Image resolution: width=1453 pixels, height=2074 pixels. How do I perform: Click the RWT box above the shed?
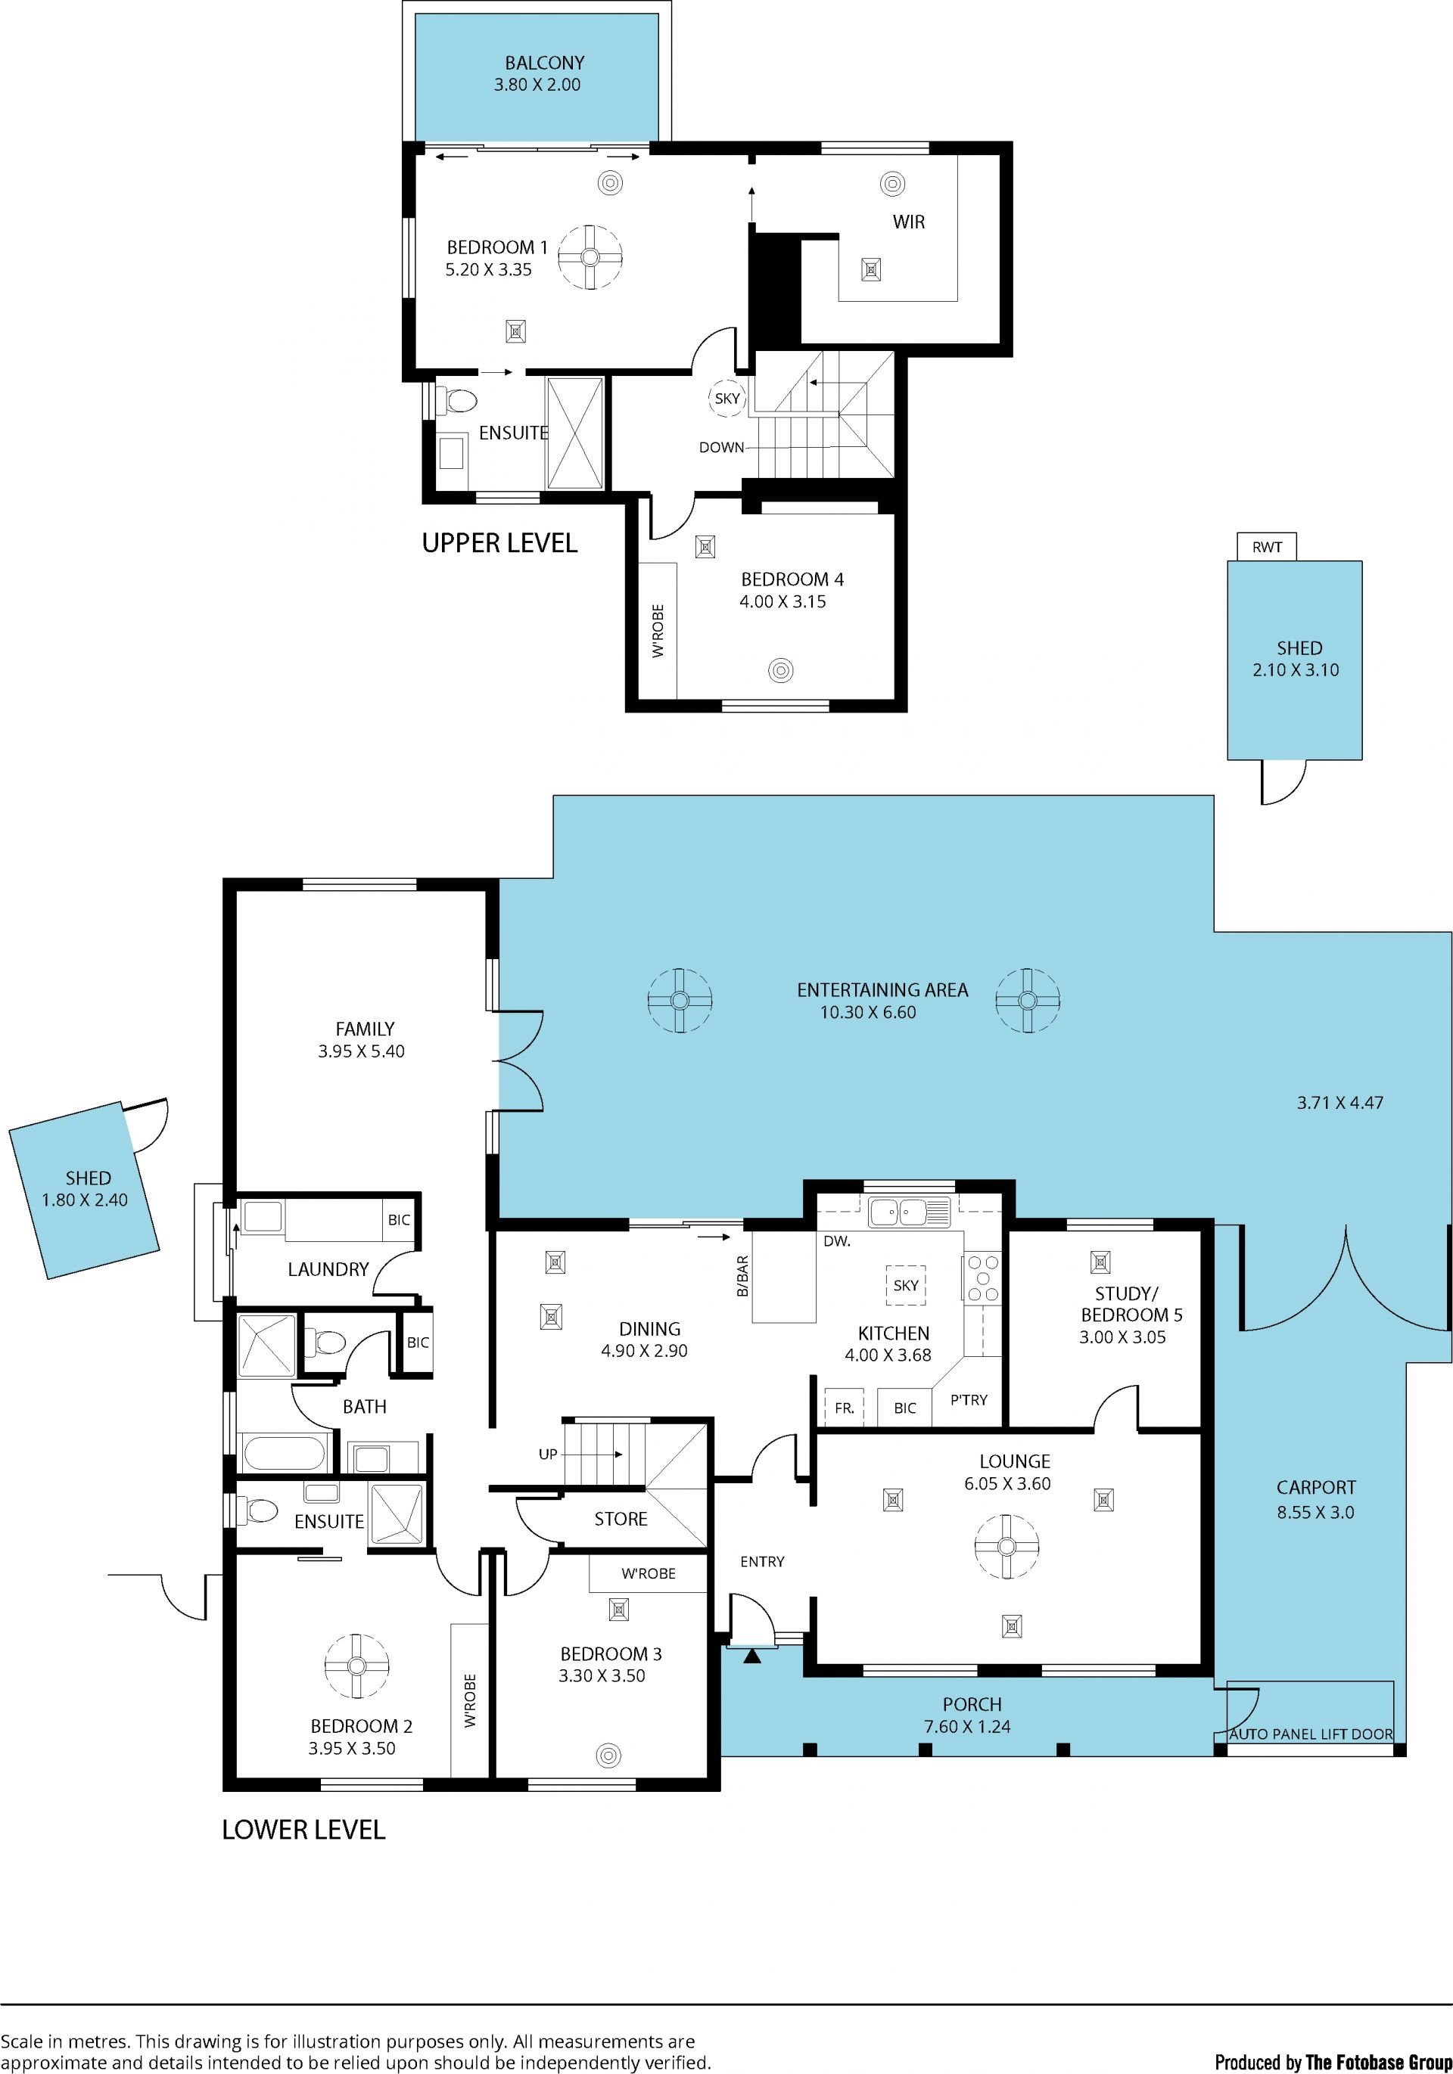[1266, 547]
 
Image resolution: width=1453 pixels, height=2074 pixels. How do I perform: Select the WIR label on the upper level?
[908, 222]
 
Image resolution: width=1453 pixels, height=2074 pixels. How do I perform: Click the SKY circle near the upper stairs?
[726, 399]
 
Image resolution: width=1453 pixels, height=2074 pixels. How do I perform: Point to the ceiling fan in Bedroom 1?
[590, 257]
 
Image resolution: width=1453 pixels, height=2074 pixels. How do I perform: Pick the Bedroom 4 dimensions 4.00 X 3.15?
[783, 601]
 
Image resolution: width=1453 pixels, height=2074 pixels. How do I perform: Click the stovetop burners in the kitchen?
[982, 1278]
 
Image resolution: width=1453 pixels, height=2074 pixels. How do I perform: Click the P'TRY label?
[969, 1400]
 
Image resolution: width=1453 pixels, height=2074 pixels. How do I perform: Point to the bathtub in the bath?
[284, 1455]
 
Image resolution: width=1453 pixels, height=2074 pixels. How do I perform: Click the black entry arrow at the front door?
[751, 1656]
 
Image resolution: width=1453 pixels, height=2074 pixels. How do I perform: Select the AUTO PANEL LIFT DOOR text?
[1310, 1734]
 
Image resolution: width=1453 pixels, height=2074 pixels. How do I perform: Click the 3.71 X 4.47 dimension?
[1340, 1103]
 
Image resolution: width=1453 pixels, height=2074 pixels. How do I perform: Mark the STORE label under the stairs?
[621, 1520]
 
